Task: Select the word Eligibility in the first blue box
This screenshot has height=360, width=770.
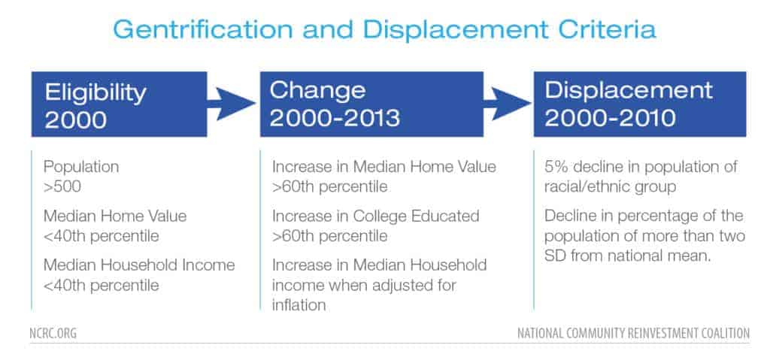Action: coord(95,93)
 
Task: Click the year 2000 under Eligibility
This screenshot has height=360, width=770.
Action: coord(76,119)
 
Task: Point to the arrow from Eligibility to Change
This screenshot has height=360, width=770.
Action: coord(232,104)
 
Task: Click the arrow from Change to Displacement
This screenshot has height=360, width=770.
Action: coord(508,104)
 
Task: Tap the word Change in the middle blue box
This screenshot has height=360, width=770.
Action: coord(317,91)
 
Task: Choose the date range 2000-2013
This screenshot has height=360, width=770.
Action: coord(335,118)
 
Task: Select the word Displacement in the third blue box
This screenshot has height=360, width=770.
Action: coord(629,90)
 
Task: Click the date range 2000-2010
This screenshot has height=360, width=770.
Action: coord(611,118)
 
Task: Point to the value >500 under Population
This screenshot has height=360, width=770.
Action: coord(62,187)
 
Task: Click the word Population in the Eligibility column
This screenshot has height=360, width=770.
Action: coord(81,167)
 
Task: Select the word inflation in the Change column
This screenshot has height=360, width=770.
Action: coord(299,305)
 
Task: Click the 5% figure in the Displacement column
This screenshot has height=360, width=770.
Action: coord(556,167)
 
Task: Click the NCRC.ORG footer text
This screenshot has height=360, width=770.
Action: coord(53,334)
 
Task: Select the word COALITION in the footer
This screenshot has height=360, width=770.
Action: coord(721,334)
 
